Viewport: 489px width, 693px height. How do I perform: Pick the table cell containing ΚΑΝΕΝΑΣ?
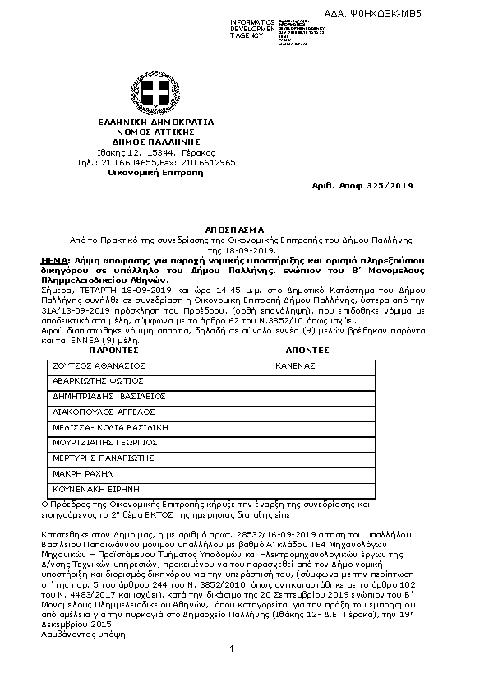tap(295, 365)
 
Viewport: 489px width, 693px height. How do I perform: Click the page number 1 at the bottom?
tap(233, 673)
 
